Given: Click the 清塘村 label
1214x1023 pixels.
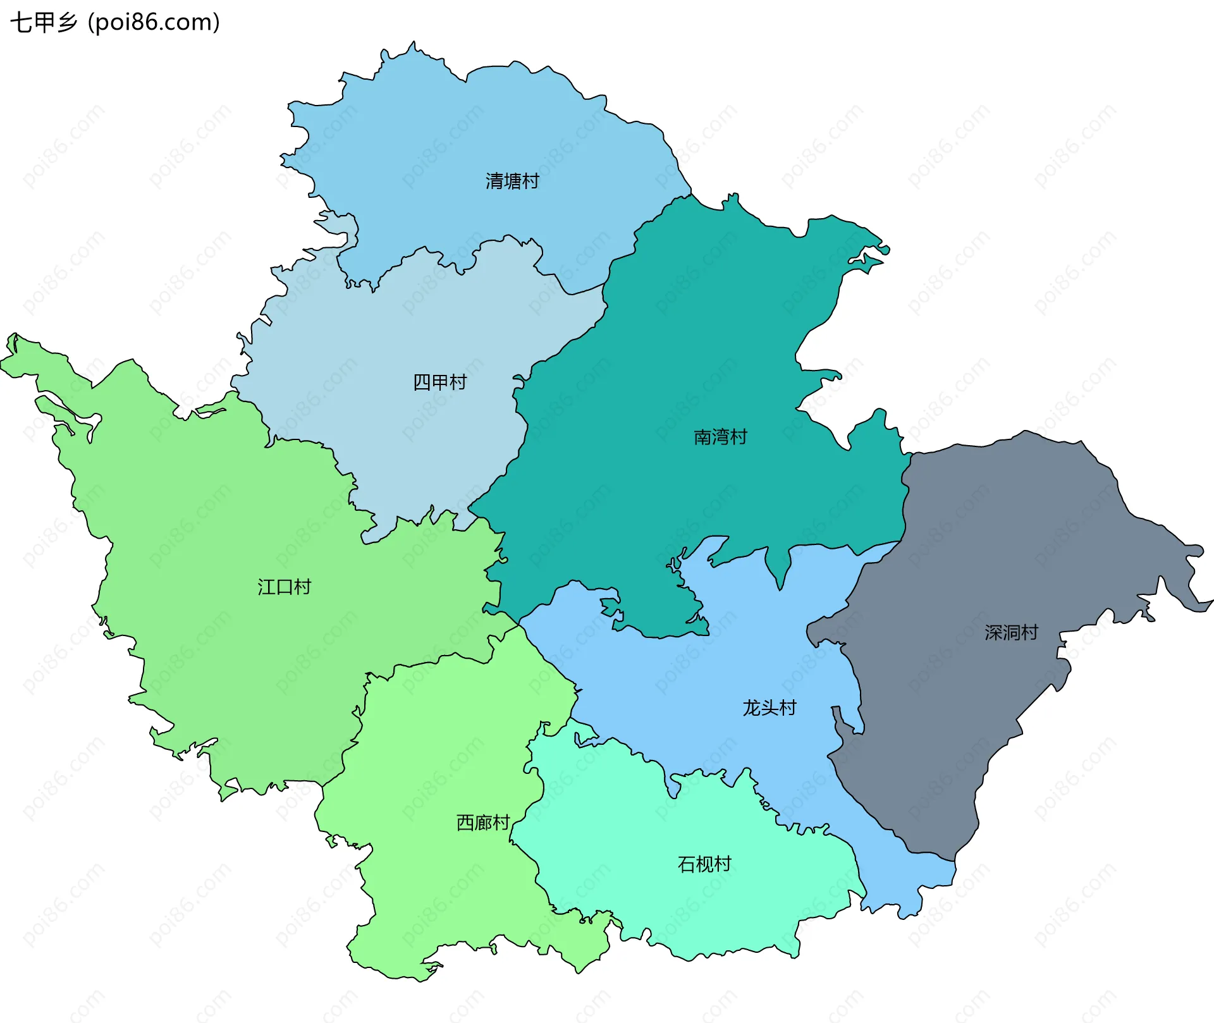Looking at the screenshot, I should [x=512, y=181].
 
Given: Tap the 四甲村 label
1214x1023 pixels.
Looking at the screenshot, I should [x=439, y=383].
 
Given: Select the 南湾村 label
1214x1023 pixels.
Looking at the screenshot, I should [x=720, y=437].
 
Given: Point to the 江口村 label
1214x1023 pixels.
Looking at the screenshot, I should [x=285, y=587].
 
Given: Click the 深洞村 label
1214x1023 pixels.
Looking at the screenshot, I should [x=1011, y=632].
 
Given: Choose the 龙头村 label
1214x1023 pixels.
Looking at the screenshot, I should [x=769, y=708].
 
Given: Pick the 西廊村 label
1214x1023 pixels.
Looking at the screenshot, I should [x=483, y=823].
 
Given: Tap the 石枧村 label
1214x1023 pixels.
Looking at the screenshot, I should [x=704, y=864].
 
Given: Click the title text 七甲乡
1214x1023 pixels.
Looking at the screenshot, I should [x=44, y=23].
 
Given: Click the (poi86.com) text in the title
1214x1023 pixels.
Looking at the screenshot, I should [x=154, y=23].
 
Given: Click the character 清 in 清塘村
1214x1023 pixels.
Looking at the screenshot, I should [x=494, y=181].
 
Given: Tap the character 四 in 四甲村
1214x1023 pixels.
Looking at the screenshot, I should [x=422, y=383].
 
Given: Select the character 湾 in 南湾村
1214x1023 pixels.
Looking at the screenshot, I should [x=720, y=437].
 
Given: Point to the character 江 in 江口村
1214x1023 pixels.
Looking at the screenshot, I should [x=266, y=587].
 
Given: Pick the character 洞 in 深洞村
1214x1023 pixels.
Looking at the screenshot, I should [x=1011, y=632].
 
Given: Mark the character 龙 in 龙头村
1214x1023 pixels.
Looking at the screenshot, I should [x=752, y=708].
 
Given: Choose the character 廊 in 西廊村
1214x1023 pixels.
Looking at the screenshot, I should [x=483, y=823].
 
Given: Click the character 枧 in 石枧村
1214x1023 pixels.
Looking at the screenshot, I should [x=704, y=864].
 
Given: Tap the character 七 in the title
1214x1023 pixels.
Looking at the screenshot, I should [x=21, y=23].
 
